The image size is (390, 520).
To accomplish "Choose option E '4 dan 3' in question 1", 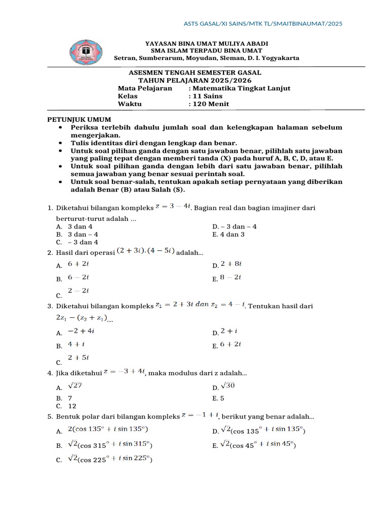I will tap(229, 234).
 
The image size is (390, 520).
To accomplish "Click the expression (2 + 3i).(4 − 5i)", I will tap(146, 251).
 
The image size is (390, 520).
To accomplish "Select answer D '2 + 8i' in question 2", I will tap(231, 264).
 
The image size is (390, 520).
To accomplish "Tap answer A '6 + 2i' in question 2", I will tap(78, 264).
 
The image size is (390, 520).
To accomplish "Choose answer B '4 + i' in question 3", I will tap(76, 344).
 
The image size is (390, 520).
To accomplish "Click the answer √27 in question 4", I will tap(75, 386).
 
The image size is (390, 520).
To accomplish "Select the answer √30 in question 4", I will tap(227, 386).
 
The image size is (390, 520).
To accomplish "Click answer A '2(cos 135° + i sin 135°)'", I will tap(108, 429).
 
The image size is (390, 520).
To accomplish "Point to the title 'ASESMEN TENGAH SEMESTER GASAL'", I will tap(195, 73).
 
